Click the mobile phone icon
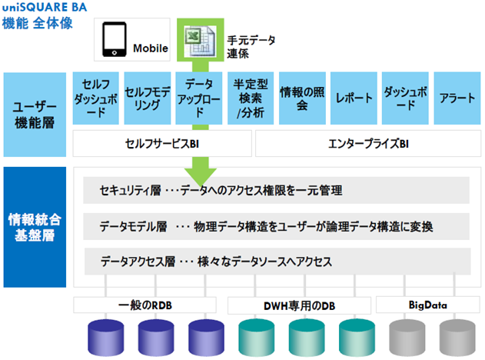[x=114, y=39]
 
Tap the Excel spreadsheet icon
[x=200, y=42]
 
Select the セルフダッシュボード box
[x=96, y=98]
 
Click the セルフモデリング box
[x=148, y=98]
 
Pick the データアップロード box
[x=199, y=98]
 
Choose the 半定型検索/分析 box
[x=251, y=98]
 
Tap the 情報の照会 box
[x=302, y=98]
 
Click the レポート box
[x=354, y=98]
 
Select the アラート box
[x=457, y=98]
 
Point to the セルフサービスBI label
[x=162, y=144]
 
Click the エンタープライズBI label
[x=368, y=144]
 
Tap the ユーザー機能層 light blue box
[x=35, y=115]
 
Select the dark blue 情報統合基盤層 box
[x=35, y=227]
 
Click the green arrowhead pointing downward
[x=201, y=176]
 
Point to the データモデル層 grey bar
[x=276, y=226]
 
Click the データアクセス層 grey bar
[x=277, y=262]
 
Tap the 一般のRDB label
[x=145, y=305]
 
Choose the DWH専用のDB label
[x=300, y=306]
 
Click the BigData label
[x=428, y=305]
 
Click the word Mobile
[x=151, y=48]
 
